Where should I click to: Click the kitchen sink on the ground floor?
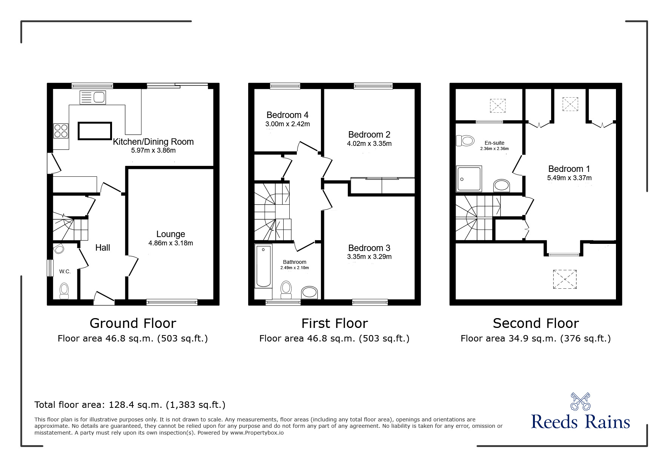93,98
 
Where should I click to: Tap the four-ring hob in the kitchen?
61,131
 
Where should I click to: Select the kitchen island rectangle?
95,131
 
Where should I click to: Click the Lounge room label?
170,234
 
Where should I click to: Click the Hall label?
103,248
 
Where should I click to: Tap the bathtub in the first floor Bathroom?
263,266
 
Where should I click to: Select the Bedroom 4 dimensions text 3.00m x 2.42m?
287,124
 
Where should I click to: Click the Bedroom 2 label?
369,135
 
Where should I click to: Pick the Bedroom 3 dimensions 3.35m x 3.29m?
369,257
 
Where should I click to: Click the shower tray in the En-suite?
469,179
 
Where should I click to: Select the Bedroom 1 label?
569,169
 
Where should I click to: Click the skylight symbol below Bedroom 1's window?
565,279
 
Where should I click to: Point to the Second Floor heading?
535,323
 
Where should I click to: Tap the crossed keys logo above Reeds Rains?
580,401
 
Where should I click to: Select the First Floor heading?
334,323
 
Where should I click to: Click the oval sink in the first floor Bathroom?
310,292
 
